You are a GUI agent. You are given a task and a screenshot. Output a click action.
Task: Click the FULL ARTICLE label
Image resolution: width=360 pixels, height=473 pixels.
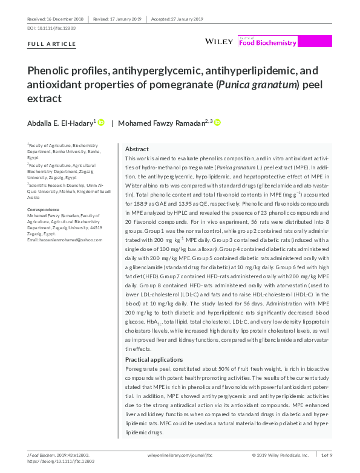[52, 44]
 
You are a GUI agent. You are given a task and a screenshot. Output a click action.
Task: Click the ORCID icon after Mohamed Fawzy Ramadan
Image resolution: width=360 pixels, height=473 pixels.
[217, 123]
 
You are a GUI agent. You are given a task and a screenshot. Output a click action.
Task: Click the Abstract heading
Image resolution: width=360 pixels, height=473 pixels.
[137, 149]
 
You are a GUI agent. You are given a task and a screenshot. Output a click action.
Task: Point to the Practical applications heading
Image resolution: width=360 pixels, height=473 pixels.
[153, 360]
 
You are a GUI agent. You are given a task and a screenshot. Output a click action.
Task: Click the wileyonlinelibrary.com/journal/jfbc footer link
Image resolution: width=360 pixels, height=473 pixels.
[181, 454]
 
